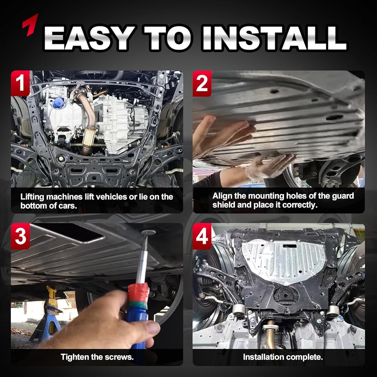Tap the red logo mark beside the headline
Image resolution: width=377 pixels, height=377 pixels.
tap(30, 25)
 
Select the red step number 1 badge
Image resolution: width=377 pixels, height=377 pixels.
tap(20, 83)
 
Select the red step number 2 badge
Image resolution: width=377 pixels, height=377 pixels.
tap(202, 83)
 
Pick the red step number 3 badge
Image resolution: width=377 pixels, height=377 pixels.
tap(20, 236)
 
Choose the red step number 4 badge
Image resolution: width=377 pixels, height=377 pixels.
tap(202, 236)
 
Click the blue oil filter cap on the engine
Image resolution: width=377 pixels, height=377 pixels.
tap(58, 103)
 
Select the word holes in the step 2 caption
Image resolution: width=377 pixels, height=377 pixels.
tap(296, 196)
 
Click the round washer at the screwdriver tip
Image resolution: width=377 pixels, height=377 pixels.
tap(148, 233)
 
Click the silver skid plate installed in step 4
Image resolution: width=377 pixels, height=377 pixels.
tap(284, 261)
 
